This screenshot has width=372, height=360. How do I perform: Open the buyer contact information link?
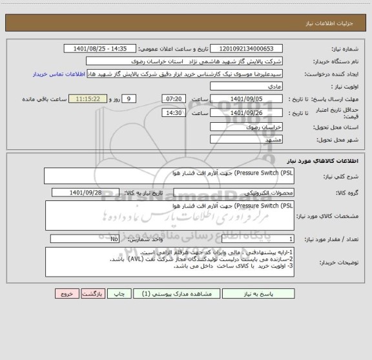pyautogui.click(x=59, y=74)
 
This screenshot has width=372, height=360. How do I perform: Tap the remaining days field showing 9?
pyautogui.click(x=129, y=98)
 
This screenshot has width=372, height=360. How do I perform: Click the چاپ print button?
pyautogui.click(x=119, y=293)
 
